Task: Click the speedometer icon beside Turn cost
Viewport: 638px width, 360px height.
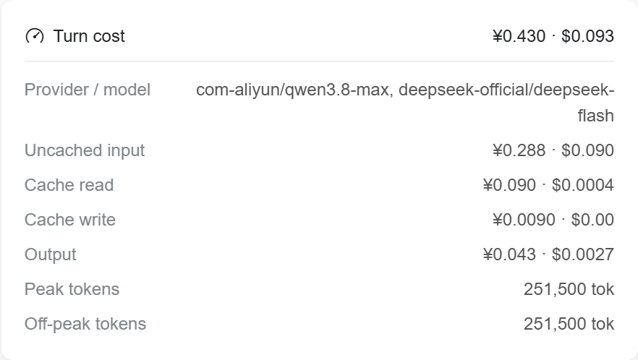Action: coord(35,36)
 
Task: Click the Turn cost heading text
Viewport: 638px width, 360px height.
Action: coord(89,36)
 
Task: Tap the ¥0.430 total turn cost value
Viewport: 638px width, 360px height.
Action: coord(519,36)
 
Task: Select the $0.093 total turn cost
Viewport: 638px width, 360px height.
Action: coord(587,36)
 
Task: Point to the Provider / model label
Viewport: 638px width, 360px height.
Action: coord(88,90)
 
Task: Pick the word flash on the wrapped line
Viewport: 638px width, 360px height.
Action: coord(596,116)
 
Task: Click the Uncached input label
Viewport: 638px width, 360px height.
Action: coord(85,150)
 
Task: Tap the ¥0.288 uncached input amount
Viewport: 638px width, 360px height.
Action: coord(519,150)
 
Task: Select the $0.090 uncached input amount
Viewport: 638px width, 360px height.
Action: coord(587,150)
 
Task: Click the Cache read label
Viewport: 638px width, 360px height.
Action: coord(69,185)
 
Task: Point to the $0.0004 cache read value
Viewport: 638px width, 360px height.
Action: coord(583,185)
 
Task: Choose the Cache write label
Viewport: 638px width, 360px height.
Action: coord(70,220)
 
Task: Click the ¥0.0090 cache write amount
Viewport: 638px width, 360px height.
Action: coord(524,220)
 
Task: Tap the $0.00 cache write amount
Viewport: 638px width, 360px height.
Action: coord(592,220)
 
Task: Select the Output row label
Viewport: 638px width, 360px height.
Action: coord(51,254)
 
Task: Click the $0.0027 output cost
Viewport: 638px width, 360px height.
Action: coord(583,254)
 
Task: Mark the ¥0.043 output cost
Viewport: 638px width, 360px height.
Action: coord(509,254)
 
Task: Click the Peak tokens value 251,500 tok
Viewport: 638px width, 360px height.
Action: coord(569,289)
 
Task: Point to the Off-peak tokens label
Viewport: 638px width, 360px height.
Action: coord(85,324)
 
